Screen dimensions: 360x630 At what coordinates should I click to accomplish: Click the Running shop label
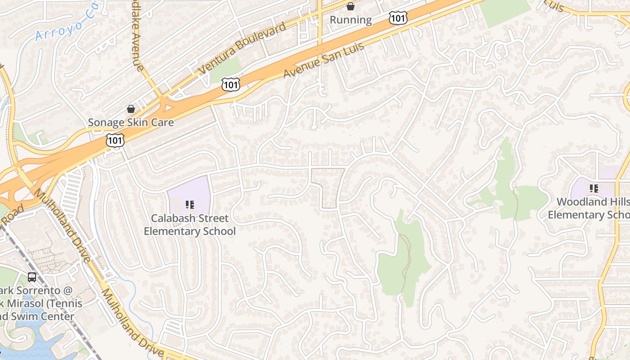point(351,20)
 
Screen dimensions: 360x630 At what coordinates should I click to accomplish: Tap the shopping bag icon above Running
point(351,7)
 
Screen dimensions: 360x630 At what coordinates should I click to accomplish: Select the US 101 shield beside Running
point(398,18)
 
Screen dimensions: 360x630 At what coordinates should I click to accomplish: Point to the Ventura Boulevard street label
point(242,48)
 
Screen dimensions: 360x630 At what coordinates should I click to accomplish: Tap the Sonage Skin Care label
point(130,122)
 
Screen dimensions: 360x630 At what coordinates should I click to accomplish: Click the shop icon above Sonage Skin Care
point(131,109)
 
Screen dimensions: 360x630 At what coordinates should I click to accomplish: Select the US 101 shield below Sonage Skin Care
point(115,140)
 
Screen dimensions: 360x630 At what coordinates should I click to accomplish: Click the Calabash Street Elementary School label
point(189,225)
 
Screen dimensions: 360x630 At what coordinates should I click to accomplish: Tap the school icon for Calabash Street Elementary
point(190,205)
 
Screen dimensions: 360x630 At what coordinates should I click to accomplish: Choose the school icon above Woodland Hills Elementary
point(594,189)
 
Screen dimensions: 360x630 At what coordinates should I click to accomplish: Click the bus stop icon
point(32,277)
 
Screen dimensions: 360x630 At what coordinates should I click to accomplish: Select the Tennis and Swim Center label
point(38,303)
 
